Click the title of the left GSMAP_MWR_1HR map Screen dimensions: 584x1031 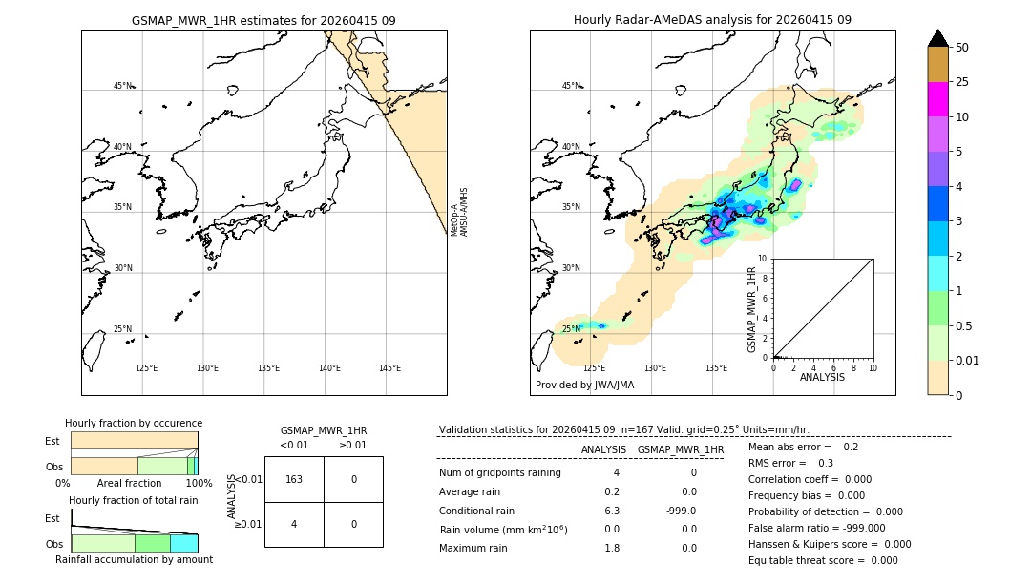(x=263, y=20)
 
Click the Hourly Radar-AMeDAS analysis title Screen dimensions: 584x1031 (x=712, y=20)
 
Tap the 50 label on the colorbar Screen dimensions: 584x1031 (x=962, y=48)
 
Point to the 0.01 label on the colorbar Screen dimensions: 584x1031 (x=968, y=360)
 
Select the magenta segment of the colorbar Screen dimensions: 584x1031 (x=937, y=99)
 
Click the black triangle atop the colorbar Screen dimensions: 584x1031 (x=937, y=38)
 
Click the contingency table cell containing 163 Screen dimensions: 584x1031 (x=294, y=479)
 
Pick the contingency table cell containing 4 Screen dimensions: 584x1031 (x=294, y=524)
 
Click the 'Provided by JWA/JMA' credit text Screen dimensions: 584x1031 (x=584, y=385)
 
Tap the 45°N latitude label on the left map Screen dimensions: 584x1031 (x=122, y=86)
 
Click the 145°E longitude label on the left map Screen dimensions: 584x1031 (x=389, y=368)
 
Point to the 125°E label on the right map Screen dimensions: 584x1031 (x=594, y=368)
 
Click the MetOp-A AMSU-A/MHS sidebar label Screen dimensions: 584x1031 (x=459, y=212)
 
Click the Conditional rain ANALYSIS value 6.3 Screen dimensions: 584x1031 (x=611, y=511)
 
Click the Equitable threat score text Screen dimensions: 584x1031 (x=823, y=560)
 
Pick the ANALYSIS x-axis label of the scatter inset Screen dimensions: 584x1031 (x=822, y=377)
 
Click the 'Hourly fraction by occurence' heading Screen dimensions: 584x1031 (x=134, y=423)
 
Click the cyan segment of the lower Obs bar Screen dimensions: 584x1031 (x=183, y=543)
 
